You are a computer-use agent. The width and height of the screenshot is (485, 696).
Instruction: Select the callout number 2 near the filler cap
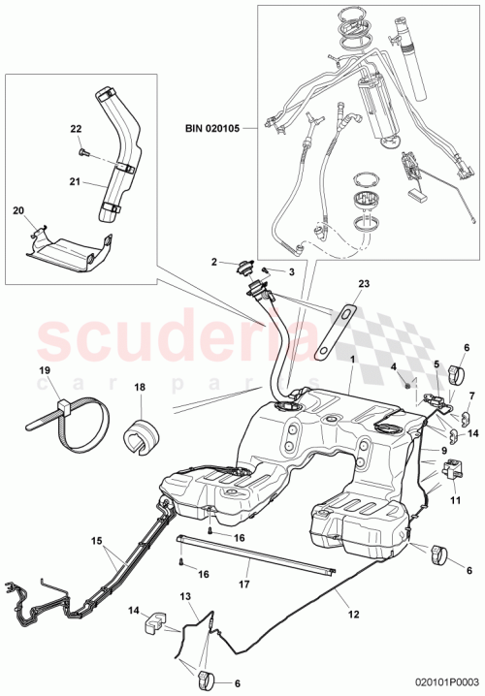click(x=213, y=262)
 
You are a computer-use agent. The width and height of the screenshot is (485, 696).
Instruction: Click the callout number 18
click(x=138, y=387)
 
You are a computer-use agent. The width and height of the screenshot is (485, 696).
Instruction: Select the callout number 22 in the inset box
click(x=76, y=129)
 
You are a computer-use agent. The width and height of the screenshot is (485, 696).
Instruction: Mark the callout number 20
click(x=17, y=209)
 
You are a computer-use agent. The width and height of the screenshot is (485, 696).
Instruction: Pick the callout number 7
click(x=471, y=395)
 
